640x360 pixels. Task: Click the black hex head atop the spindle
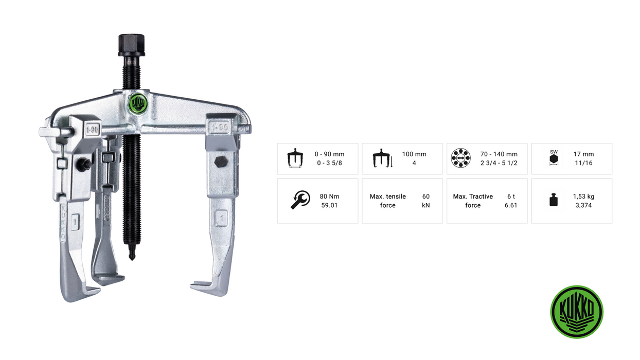pyautogui.click(x=131, y=45)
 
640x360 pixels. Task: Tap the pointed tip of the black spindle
pyautogui.click(x=132, y=259)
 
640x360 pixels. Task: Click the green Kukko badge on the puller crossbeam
pyautogui.click(x=138, y=103)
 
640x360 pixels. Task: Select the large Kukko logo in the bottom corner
pyautogui.click(x=577, y=312)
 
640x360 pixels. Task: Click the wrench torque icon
pyautogui.click(x=300, y=200)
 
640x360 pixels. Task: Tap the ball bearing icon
pyautogui.click(x=460, y=158)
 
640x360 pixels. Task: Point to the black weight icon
pyautogui.click(x=554, y=200)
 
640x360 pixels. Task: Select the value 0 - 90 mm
pyautogui.click(x=329, y=154)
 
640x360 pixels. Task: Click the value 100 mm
pyautogui.click(x=414, y=154)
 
